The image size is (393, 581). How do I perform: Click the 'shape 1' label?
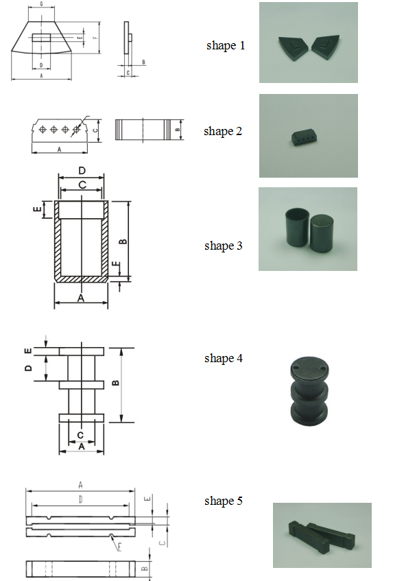(x=225, y=45)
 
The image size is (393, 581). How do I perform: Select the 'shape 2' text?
(x=223, y=131)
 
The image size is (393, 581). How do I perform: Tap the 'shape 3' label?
(x=224, y=246)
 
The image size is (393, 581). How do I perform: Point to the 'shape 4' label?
(x=224, y=358)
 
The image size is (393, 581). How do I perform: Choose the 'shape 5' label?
(x=224, y=501)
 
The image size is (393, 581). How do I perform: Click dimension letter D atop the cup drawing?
(x=82, y=170)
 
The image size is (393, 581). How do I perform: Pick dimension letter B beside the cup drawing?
(x=123, y=241)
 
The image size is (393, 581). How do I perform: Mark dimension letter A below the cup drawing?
(x=81, y=298)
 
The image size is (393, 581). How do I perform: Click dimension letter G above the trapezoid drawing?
(x=41, y=3)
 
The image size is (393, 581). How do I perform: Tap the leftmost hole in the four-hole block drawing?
(x=43, y=130)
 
